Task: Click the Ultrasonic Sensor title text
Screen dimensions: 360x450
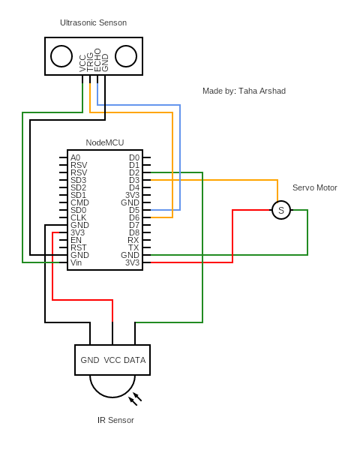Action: pos(93,22)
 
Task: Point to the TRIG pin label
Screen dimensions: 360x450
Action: pos(90,62)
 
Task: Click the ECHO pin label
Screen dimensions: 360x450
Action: pos(97,60)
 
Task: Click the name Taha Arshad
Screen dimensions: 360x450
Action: pos(262,91)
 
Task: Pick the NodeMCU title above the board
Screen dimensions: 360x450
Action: pos(105,142)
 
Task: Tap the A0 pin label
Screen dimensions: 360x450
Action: pos(76,157)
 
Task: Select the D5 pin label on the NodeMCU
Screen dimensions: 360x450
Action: pos(134,210)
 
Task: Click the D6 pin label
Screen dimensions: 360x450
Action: pos(134,217)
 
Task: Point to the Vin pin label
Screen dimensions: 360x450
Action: pos(76,262)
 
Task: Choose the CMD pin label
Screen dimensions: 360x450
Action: pos(79,202)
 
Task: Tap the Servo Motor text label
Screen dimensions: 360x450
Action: pos(315,187)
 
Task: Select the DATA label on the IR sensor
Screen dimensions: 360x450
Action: pos(135,360)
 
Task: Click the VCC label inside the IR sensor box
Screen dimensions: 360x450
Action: pos(112,360)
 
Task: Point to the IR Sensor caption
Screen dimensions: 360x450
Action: pos(115,420)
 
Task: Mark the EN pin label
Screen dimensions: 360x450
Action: pos(76,240)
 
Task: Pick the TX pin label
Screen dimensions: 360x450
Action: pos(133,247)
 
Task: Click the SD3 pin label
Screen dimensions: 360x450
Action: pos(78,180)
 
